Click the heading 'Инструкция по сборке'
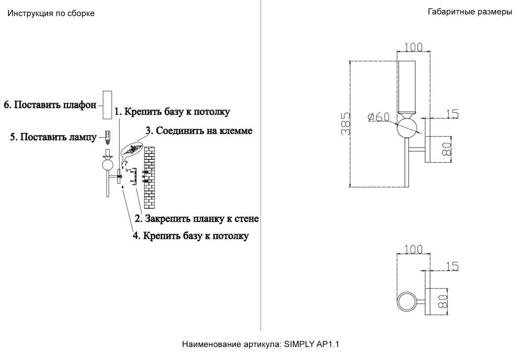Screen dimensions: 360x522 [51, 14]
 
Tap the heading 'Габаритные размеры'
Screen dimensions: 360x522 [469, 12]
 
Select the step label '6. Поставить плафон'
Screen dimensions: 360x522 [50, 105]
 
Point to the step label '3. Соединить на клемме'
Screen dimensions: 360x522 [199, 131]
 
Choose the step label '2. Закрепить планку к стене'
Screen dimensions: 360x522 [197, 218]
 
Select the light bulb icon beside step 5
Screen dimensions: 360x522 [108, 137]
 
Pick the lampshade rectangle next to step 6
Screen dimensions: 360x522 [108, 105]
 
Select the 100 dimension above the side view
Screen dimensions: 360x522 [413, 47]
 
